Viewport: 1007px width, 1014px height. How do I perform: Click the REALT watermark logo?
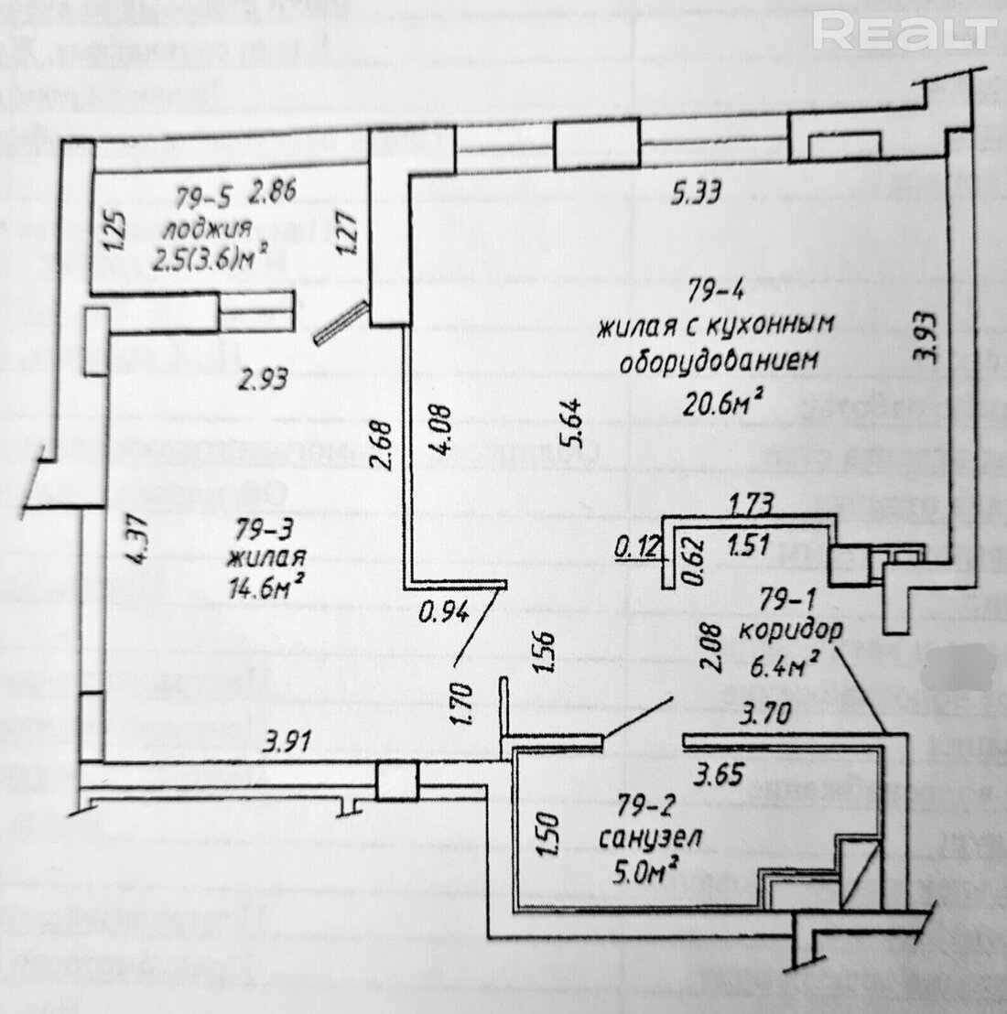point(903,33)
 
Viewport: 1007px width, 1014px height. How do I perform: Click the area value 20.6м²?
point(724,399)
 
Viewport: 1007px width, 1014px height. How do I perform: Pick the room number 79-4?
point(715,292)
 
